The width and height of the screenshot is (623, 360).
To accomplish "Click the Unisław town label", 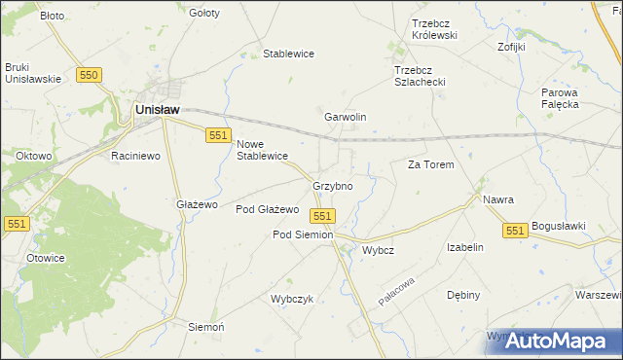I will [x=156, y=111].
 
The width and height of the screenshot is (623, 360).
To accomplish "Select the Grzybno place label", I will [x=332, y=185].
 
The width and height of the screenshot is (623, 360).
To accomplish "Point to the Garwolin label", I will [x=345, y=117].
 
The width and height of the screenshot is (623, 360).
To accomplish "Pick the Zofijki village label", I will [x=511, y=46].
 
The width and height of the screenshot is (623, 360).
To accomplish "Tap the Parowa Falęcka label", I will [x=561, y=98].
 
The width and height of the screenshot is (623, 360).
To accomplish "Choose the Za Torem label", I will [x=430, y=165].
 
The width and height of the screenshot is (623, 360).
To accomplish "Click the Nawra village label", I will [x=497, y=199].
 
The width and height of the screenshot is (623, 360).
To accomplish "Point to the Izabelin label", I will [x=465, y=247].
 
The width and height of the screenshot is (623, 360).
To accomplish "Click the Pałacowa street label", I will [x=398, y=289].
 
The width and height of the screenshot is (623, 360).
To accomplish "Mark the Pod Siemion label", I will [x=303, y=234].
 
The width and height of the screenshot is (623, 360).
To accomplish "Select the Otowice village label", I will [x=45, y=258].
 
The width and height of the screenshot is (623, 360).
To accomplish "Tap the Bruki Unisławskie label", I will [x=32, y=73].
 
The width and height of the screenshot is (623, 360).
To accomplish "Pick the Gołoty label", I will [x=204, y=14].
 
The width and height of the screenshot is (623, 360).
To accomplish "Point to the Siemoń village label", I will [x=205, y=327].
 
